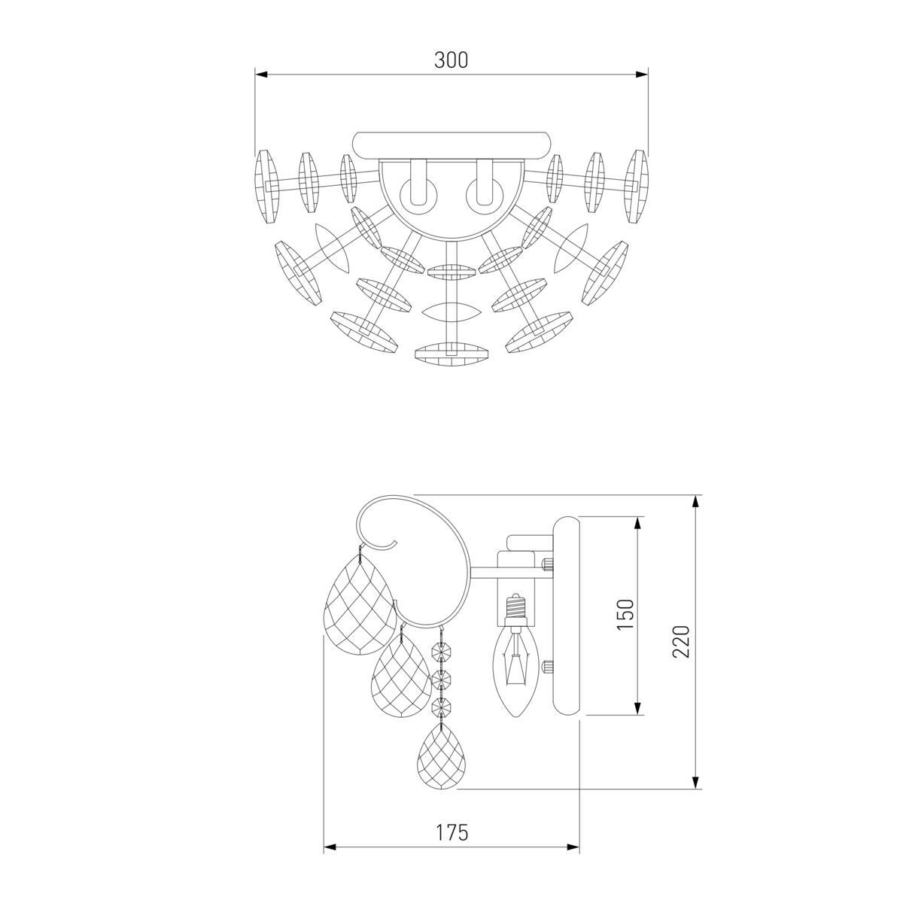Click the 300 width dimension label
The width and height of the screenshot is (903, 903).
[x=451, y=60]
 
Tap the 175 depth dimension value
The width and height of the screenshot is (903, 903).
[x=452, y=832]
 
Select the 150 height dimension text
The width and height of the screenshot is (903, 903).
[x=625, y=614]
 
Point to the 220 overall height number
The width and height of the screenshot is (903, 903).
[x=681, y=641]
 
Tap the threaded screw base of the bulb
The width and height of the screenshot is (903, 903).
[x=516, y=606]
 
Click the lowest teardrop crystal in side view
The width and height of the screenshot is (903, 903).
[x=442, y=761]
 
